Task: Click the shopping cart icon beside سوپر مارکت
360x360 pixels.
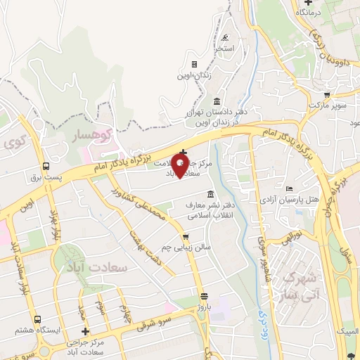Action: (327, 94)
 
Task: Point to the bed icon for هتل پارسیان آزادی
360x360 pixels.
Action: (290, 188)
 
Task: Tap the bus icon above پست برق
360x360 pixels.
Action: (46, 167)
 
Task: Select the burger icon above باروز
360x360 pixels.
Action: (204, 296)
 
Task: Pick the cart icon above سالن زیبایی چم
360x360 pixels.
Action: (186, 237)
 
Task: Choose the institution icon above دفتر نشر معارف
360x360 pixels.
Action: (211, 194)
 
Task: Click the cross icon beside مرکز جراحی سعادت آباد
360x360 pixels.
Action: (86, 331)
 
